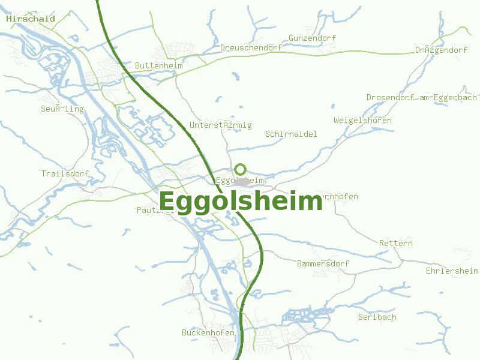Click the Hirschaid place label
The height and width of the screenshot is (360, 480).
[31, 19]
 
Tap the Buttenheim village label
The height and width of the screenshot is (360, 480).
[159, 65]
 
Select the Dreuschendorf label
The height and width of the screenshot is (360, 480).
[251, 48]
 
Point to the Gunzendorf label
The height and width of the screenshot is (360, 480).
[312, 38]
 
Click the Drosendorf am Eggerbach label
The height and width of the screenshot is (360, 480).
[421, 97]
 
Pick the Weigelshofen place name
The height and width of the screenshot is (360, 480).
[362, 121]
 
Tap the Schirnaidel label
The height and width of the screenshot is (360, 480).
[291, 134]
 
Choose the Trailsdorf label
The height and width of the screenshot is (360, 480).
[65, 174]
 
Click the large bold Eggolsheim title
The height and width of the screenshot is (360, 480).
[241, 202]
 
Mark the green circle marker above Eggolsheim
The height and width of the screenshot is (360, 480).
[241, 169]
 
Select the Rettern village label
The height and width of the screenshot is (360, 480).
[396, 244]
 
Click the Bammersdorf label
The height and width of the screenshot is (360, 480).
[323, 264]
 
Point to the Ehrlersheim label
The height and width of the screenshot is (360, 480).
[452, 271]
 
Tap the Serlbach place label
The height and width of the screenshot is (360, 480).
[377, 317]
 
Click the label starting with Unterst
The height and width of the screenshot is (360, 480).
[220, 125]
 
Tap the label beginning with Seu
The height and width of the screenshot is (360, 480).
[62, 109]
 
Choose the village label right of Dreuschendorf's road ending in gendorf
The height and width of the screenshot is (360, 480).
[441, 50]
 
